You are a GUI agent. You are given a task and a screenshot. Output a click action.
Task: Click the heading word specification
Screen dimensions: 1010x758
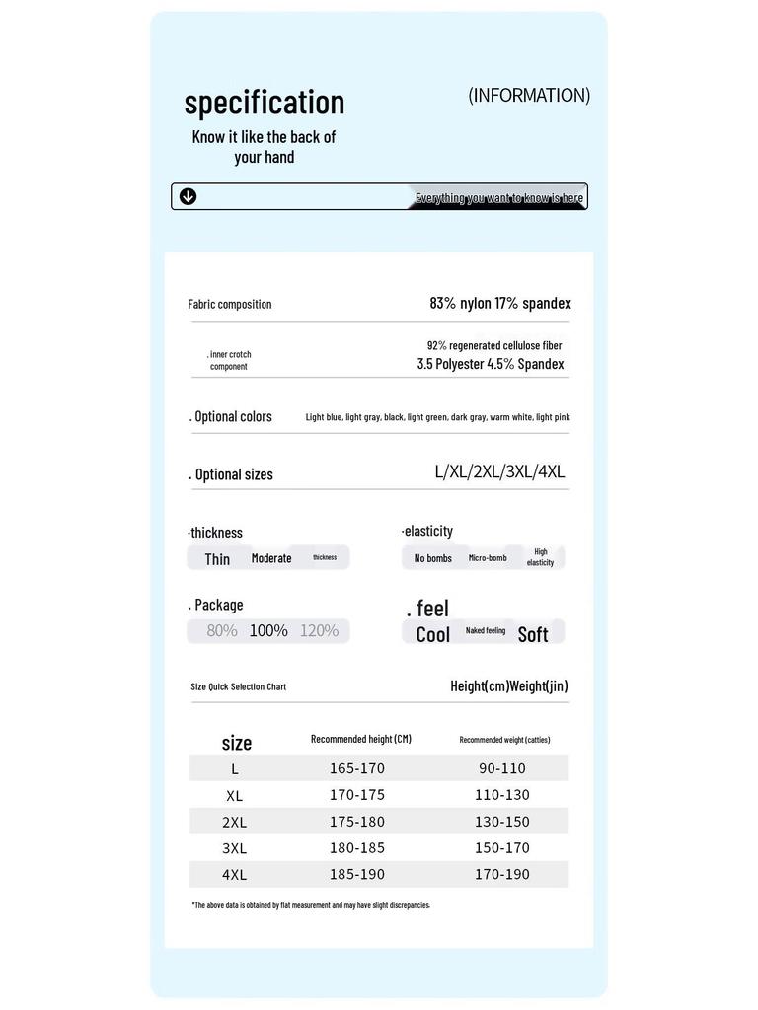(265, 103)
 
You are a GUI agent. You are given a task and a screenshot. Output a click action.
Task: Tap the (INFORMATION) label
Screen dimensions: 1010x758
(529, 96)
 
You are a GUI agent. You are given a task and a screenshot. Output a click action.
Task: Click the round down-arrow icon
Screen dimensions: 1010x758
(188, 196)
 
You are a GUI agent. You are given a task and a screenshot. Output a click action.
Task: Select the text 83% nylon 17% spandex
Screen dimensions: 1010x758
(500, 304)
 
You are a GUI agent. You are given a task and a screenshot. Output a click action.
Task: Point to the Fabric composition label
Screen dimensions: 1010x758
(230, 305)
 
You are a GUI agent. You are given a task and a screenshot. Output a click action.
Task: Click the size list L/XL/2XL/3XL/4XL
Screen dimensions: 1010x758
(499, 471)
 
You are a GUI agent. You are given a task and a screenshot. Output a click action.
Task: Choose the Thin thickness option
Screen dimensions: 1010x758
(217, 559)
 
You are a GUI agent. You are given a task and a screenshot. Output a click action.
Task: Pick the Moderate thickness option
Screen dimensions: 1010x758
(271, 558)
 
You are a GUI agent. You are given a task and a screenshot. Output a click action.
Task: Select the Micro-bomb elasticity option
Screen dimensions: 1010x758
(488, 558)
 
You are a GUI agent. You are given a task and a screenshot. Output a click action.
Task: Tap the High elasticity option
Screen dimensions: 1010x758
(540, 557)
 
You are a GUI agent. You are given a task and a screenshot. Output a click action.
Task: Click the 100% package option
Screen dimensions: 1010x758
(268, 630)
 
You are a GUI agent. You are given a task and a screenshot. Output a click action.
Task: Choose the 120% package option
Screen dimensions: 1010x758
(319, 630)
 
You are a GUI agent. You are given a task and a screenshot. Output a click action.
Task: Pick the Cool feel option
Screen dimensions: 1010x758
(433, 634)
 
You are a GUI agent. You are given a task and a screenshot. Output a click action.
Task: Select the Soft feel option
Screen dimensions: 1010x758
(533, 634)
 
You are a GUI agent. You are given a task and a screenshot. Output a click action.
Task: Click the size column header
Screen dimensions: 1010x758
(237, 743)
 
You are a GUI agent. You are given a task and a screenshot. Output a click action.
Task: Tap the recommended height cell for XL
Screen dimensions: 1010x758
(357, 795)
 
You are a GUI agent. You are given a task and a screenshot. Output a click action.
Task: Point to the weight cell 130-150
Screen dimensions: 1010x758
(502, 822)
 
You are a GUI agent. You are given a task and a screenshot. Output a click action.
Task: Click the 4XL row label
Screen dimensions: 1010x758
(235, 875)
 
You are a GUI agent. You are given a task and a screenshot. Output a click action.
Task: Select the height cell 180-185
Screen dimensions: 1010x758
(357, 848)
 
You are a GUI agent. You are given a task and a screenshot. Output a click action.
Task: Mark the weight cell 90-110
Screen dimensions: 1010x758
(502, 768)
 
